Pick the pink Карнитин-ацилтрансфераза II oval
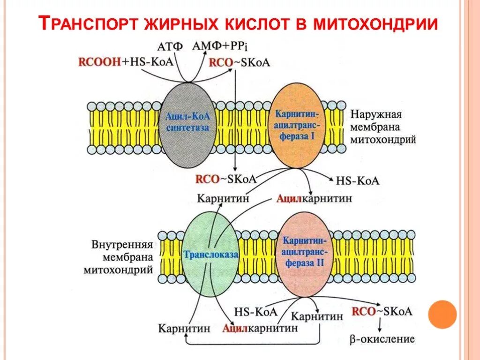point(303,253)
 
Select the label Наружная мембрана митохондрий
point(383,127)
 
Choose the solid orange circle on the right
point(442,314)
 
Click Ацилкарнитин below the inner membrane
point(260,328)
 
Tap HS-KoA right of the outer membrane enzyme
point(358,181)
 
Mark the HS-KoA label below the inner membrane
point(256,312)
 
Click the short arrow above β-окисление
point(379,324)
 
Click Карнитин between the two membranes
point(223,198)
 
